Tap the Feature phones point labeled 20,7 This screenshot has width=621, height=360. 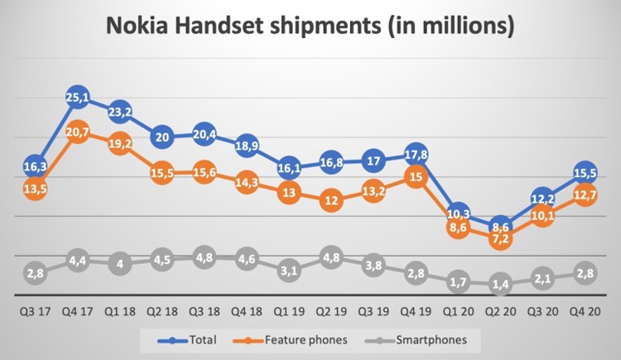[x=78, y=132]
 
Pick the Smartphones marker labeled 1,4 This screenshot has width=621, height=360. [x=500, y=283]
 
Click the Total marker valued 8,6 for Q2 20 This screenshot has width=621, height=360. [x=500, y=226]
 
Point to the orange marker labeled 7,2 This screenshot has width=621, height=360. [x=500, y=238]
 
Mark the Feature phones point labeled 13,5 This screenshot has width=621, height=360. [x=35, y=190]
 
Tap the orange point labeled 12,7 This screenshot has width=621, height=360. [x=585, y=196]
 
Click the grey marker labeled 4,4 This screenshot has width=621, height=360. [x=78, y=259]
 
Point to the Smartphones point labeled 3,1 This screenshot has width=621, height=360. [x=289, y=270]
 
